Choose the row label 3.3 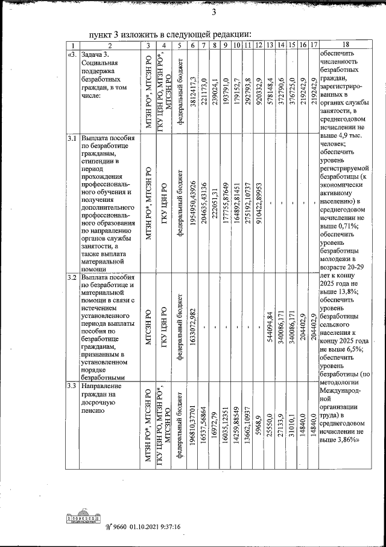point(72,386)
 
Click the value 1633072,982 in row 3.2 point(192,326)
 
